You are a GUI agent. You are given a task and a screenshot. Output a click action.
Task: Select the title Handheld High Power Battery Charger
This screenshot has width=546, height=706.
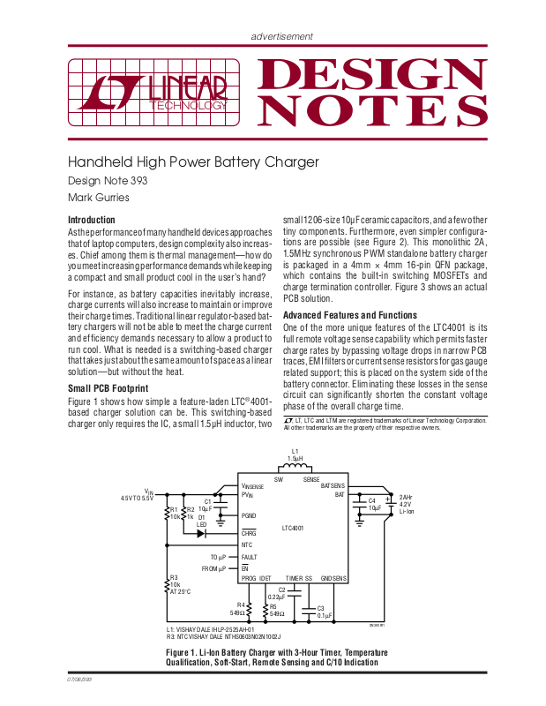(193, 162)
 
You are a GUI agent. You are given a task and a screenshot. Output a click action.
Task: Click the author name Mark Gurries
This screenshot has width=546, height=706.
(99, 197)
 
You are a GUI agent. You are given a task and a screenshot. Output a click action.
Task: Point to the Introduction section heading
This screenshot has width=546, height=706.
(92, 220)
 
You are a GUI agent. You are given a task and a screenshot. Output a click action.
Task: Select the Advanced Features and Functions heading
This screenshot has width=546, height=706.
(350, 315)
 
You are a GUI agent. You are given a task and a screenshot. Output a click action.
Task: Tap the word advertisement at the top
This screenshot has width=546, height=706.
(281, 36)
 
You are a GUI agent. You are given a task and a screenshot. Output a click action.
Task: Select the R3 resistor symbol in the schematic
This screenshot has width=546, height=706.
(168, 583)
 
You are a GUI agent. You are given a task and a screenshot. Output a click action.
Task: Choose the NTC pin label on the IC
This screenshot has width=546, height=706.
(247, 545)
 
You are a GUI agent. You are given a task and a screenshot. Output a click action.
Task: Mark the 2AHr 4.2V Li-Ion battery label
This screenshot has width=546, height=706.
(407, 504)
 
